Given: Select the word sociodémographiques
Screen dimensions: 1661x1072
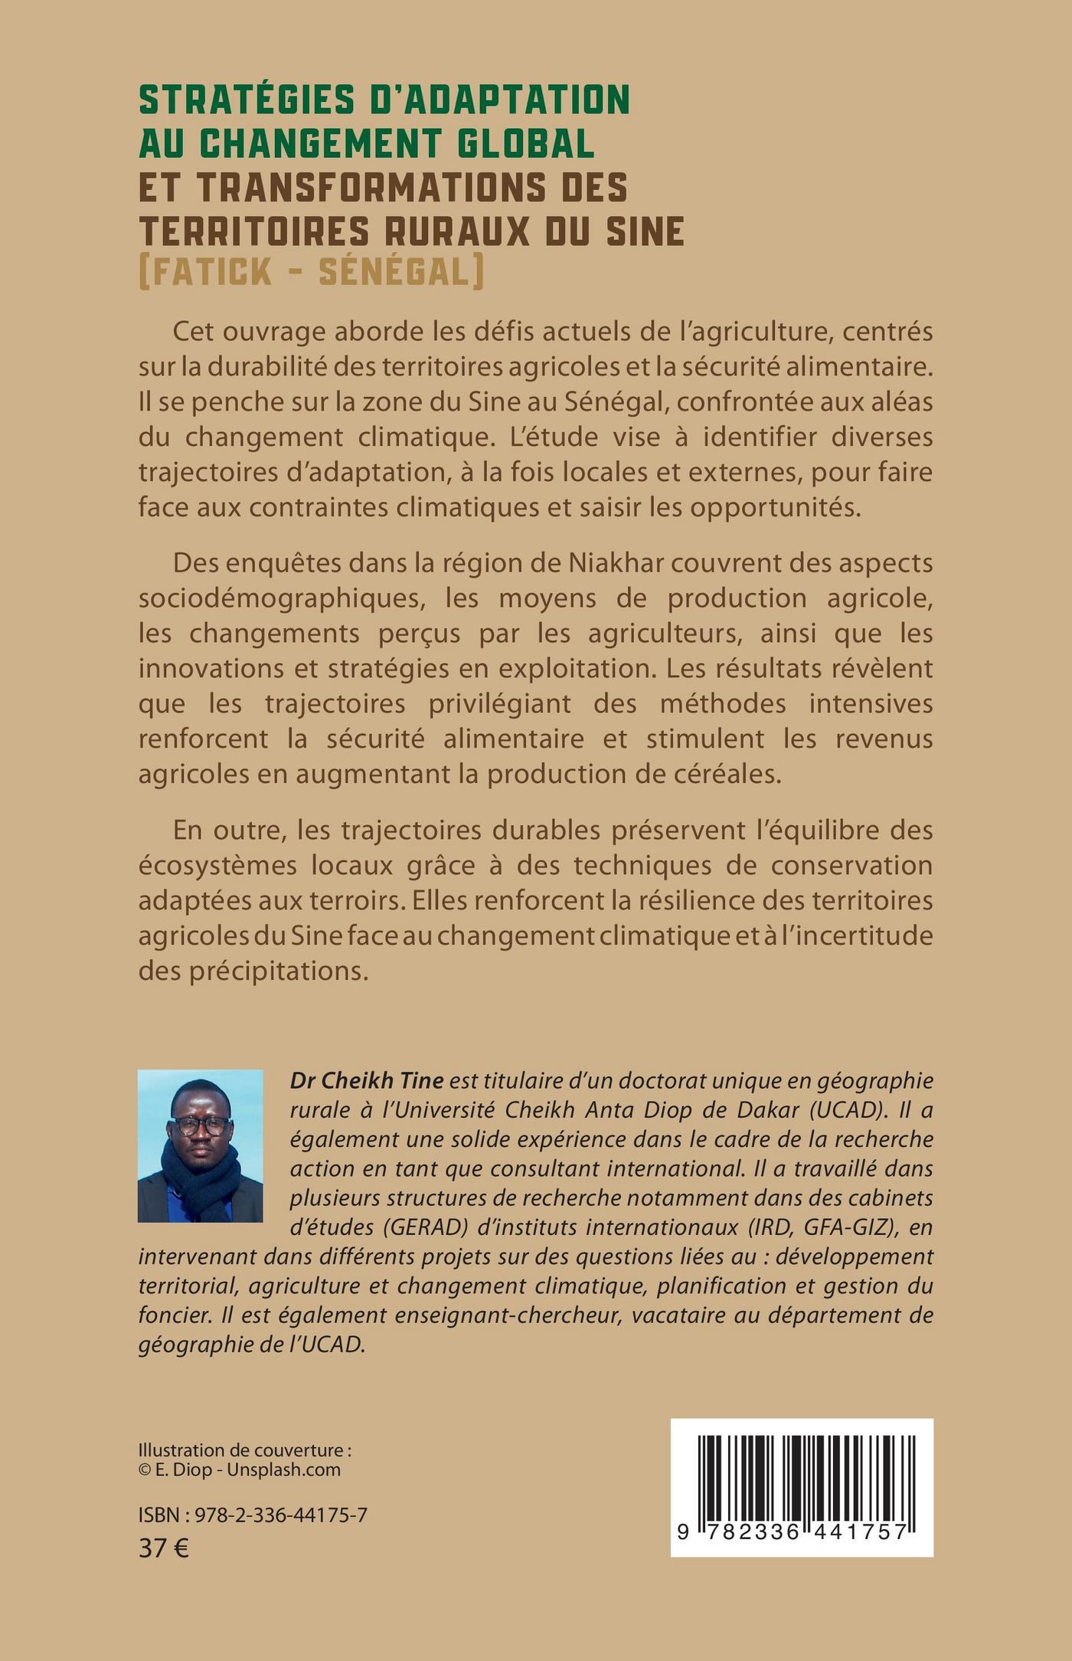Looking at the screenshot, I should click(280, 598).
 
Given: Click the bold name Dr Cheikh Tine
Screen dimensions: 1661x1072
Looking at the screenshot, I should click(367, 1080).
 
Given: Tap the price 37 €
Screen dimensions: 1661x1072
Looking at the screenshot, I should click(164, 1548).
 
